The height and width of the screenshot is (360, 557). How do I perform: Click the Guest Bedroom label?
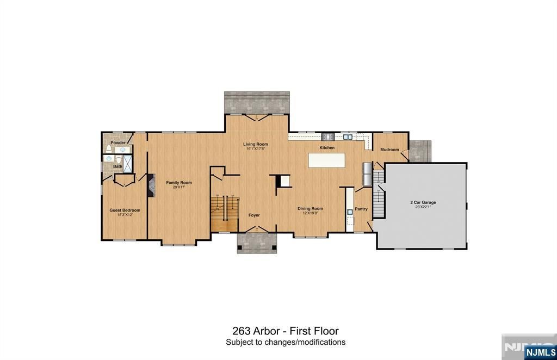(x=125, y=210)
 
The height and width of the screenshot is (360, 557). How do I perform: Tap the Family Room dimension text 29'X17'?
(x=179, y=187)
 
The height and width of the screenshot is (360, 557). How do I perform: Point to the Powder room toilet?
(x=109, y=148)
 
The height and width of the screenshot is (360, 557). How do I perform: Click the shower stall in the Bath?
(x=127, y=164)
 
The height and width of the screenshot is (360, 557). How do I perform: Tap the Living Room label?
(x=255, y=144)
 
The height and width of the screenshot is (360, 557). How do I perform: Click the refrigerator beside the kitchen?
(x=367, y=174)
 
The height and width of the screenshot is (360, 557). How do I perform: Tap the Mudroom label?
(x=389, y=150)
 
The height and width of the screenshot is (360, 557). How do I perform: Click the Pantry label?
(x=361, y=209)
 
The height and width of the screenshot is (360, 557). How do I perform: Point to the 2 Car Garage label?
(x=423, y=202)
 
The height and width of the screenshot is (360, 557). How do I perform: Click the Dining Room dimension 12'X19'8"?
(x=310, y=213)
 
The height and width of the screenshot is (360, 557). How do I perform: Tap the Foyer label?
(x=254, y=215)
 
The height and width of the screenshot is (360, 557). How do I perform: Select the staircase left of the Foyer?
(x=225, y=212)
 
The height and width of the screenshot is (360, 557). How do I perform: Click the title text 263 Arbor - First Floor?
(x=285, y=331)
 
